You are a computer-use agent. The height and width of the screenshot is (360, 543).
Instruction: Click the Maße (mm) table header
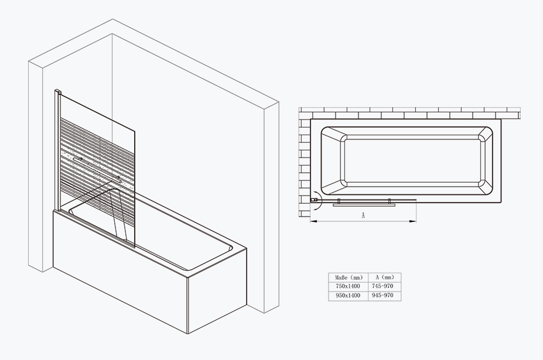click(349, 277)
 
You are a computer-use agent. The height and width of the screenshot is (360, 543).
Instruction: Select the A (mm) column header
click(385, 277)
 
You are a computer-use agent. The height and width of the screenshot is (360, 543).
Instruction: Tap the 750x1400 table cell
click(348, 286)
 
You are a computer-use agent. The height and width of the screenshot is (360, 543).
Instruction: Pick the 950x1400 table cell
click(348, 296)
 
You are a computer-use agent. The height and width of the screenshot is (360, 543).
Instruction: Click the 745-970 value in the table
click(383, 286)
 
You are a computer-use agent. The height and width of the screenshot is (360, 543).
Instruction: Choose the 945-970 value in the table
click(383, 296)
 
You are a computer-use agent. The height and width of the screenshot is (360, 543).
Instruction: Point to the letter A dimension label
click(363, 215)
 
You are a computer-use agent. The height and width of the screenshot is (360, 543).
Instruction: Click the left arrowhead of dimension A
click(313, 221)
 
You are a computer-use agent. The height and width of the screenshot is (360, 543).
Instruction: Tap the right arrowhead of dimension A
click(413, 221)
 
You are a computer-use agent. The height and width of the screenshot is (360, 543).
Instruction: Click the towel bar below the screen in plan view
click(364, 205)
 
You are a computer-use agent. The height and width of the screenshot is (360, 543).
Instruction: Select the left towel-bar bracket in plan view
click(339, 201)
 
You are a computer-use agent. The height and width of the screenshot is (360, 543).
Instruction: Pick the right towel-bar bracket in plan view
click(390, 201)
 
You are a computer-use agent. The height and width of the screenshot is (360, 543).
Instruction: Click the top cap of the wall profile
click(58, 91)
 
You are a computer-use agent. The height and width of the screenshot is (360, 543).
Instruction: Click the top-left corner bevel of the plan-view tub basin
click(333, 134)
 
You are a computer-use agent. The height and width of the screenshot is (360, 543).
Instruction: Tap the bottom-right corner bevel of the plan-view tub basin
click(486, 188)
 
